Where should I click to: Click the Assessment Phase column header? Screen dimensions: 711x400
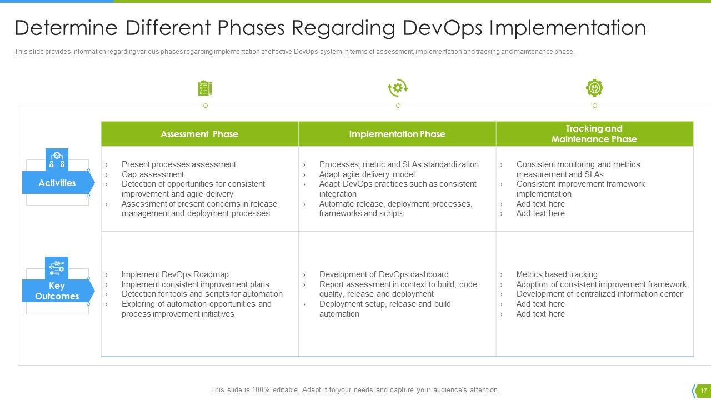click(199, 134)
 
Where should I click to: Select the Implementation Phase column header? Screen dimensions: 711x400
click(397, 134)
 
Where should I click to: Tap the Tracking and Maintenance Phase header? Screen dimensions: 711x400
click(594, 134)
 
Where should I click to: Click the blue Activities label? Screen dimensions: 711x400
click(58, 183)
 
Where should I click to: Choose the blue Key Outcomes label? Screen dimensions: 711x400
click(58, 291)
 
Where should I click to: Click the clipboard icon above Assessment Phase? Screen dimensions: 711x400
click(205, 88)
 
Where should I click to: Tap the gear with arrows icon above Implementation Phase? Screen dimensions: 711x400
click(398, 88)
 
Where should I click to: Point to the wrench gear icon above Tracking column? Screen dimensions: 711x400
click(594, 88)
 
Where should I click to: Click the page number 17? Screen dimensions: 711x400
click(704, 391)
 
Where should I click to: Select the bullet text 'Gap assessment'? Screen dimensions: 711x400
click(153, 174)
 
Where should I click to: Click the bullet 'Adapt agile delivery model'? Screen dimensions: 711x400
click(367, 174)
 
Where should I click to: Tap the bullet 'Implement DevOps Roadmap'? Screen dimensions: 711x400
click(175, 274)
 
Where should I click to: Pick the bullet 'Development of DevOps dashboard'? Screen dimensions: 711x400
click(384, 274)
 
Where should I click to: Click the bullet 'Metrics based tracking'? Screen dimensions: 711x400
click(557, 274)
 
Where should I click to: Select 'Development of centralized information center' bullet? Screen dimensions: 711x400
click(599, 294)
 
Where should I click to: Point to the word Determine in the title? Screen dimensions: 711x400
click(66, 28)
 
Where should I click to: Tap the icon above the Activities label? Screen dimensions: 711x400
click(57, 159)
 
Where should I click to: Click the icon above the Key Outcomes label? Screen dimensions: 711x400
click(57, 268)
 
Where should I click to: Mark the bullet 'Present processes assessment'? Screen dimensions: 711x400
click(179, 164)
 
